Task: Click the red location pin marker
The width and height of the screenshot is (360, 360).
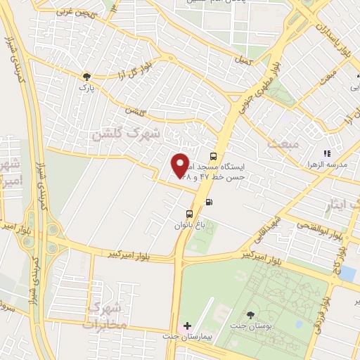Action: point(180,165)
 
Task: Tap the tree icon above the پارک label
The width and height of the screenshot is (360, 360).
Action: point(86,76)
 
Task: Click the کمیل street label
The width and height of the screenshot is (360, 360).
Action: point(245,63)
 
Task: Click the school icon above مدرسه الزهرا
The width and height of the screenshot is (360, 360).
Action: point(326,153)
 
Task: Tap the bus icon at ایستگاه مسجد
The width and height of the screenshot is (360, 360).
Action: point(213,156)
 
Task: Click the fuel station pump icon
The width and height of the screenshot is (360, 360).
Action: point(208,202)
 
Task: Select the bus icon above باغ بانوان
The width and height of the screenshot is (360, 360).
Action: point(189,214)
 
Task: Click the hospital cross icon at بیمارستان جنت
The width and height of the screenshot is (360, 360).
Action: point(186,326)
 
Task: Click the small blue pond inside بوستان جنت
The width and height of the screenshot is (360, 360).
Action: point(299,324)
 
